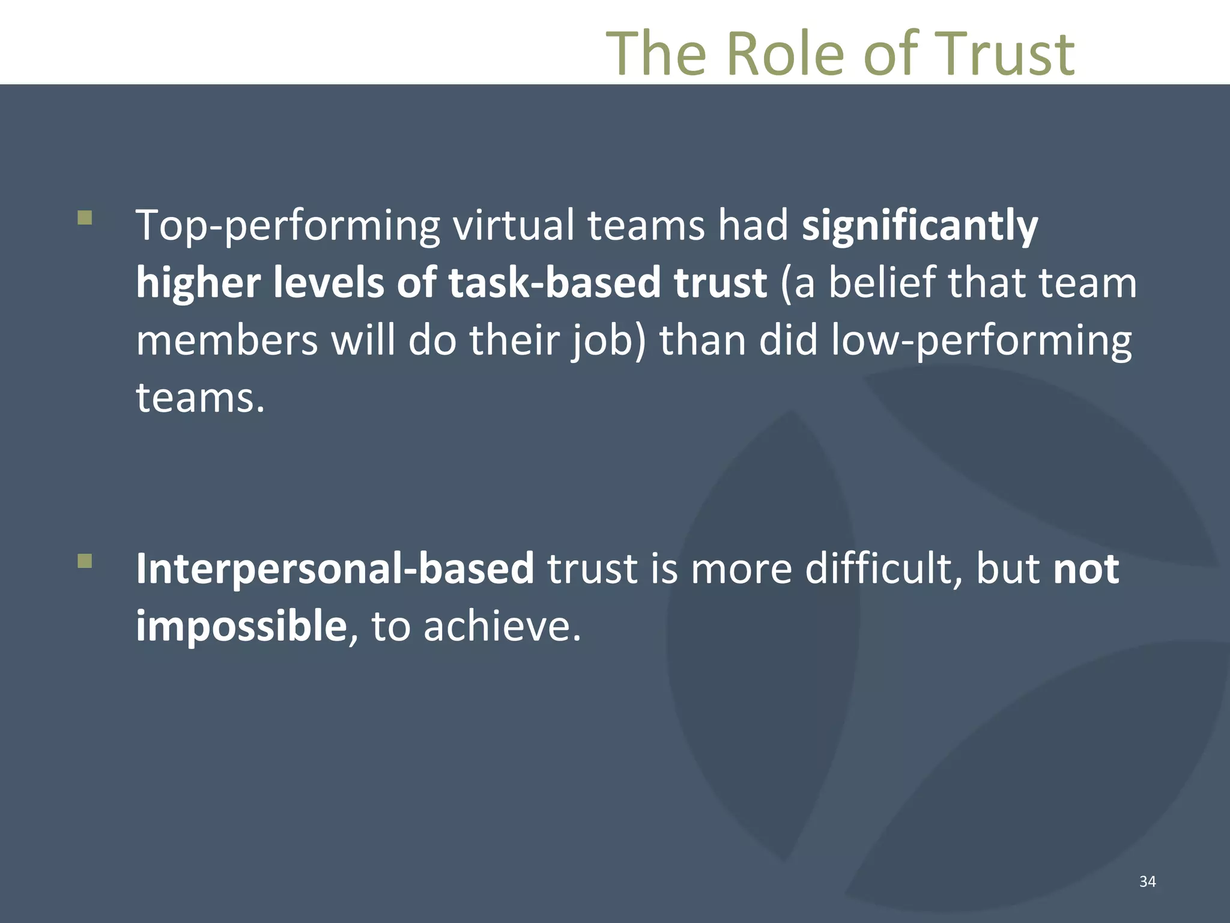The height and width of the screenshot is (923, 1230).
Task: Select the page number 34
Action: click(x=1147, y=881)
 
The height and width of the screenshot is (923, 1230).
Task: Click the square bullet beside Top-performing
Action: click(x=85, y=217)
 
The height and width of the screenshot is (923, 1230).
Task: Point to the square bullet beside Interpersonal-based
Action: click(x=85, y=561)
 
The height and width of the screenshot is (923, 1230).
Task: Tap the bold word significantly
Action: click(x=919, y=226)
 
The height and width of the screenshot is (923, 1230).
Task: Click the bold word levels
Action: click(x=329, y=282)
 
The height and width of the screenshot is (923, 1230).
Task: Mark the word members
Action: click(x=226, y=340)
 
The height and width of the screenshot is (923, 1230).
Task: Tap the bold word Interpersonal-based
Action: click(x=335, y=568)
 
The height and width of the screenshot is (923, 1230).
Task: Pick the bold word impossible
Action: click(x=241, y=626)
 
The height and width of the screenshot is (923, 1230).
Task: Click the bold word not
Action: click(x=1086, y=568)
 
